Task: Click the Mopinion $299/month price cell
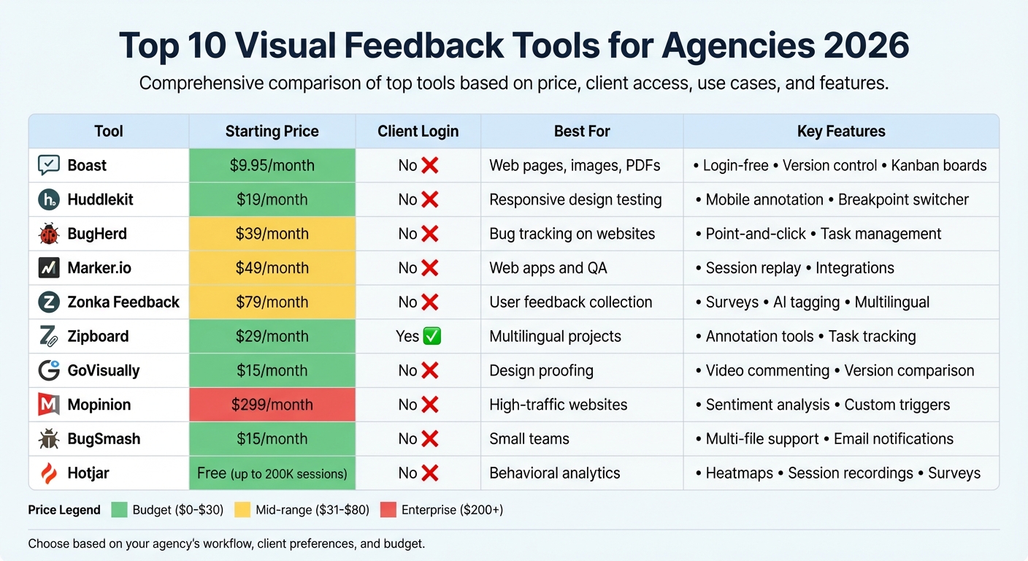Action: pos(272,405)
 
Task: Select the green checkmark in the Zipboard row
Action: pos(432,336)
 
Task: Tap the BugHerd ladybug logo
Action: pos(48,234)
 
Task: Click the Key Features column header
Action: pos(841,131)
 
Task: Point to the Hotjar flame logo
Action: pos(48,473)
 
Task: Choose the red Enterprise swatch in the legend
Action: pos(387,510)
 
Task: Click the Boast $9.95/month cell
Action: pos(272,166)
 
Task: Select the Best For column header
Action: pos(582,131)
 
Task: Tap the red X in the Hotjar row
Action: pos(430,473)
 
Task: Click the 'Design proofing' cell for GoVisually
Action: pos(541,370)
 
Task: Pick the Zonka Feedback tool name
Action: pos(123,302)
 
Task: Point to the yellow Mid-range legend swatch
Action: pos(242,510)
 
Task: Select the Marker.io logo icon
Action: pos(48,268)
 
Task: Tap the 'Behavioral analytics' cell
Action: pos(554,473)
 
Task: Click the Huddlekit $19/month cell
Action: pos(272,199)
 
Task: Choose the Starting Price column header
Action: pos(272,131)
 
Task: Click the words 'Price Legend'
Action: pos(64,510)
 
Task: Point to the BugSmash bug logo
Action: pos(48,439)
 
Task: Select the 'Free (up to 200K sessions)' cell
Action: pos(272,473)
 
